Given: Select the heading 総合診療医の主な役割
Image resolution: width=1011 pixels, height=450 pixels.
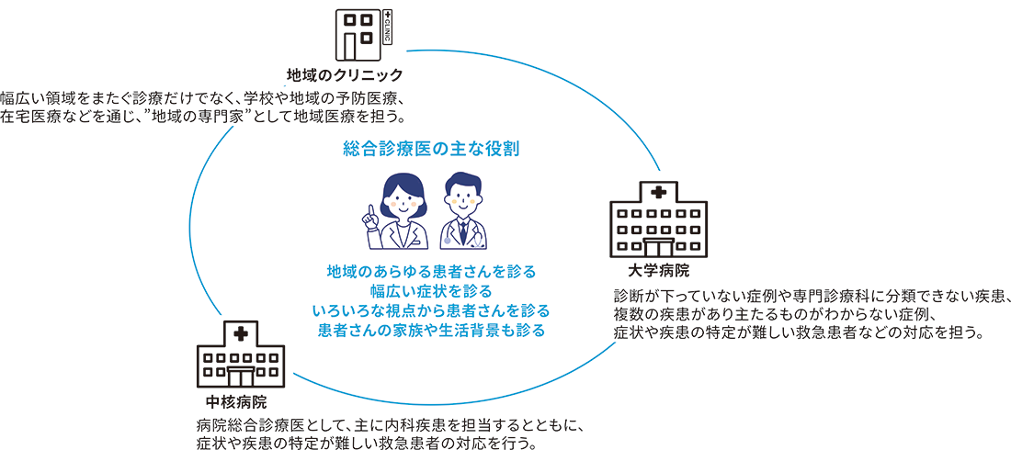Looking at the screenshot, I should click(430, 149).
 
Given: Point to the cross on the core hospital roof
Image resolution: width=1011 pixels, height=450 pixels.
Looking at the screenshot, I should click(241, 333).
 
